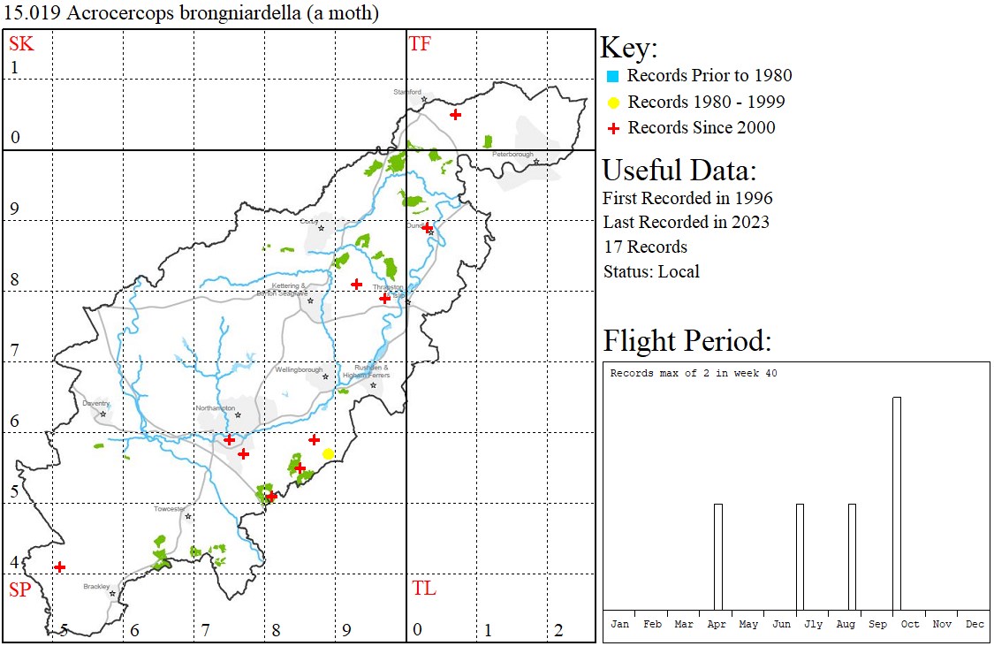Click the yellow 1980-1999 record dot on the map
coord(328,453)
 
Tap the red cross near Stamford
coord(455,114)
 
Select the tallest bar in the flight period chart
coord(897,503)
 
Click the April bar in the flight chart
coord(718,556)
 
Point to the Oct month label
coord(910,624)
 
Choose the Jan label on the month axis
coord(620,624)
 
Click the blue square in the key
coord(612,76)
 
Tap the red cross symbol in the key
coord(612,128)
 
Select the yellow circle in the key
coord(612,103)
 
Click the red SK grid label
coord(21,43)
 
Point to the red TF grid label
coord(420,43)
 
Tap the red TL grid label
coord(424,589)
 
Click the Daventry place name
coord(95,404)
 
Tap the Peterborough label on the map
coord(513,155)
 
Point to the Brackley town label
coord(96,586)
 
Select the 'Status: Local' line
coord(651,271)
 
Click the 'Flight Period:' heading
coord(687,340)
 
